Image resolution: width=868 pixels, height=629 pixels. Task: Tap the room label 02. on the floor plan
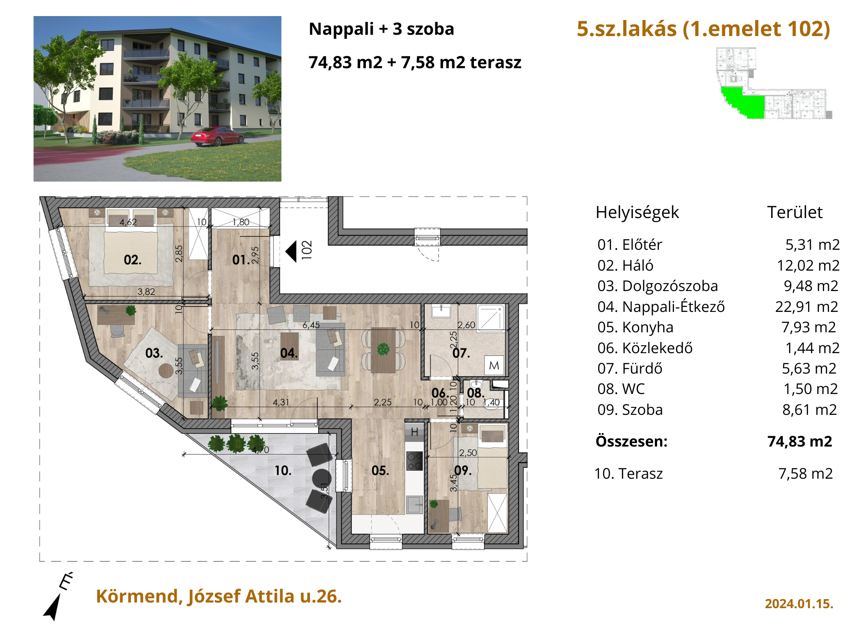pyautogui.click(x=132, y=260)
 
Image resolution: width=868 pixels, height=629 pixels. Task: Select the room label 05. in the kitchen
pyautogui.click(x=380, y=470)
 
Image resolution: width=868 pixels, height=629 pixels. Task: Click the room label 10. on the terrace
pyautogui.click(x=283, y=470)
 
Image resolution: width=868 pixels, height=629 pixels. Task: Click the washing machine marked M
pyautogui.click(x=494, y=365)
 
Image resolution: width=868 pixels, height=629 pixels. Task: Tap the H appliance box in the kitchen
pyautogui.click(x=414, y=432)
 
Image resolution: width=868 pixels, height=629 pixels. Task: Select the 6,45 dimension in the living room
pyautogui.click(x=311, y=325)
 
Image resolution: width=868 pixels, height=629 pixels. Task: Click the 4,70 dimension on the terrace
pyautogui.click(x=260, y=450)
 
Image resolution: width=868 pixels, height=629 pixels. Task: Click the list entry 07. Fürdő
pyautogui.click(x=630, y=368)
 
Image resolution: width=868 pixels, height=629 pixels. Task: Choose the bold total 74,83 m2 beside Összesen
pyautogui.click(x=800, y=441)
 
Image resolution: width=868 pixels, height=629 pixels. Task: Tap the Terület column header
pyautogui.click(x=795, y=212)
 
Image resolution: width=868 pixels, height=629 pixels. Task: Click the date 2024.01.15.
pyautogui.click(x=799, y=604)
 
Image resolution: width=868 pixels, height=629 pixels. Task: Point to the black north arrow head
pyautogui.click(x=53, y=607)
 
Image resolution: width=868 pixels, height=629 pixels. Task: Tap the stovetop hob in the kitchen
pyautogui.click(x=414, y=461)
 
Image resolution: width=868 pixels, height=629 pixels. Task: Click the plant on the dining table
pyautogui.click(x=383, y=349)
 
